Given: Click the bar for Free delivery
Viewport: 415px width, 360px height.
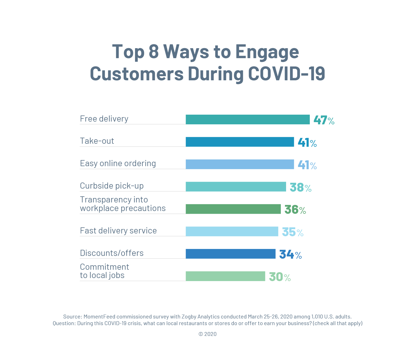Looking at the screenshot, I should click(x=248, y=119).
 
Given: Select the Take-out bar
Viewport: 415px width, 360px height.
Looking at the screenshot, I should click(x=240, y=142).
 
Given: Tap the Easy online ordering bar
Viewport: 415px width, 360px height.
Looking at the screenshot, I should click(x=240, y=164).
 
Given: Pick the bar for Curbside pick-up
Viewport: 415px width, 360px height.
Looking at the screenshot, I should click(x=236, y=187).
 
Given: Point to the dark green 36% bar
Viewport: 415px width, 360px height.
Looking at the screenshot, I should click(x=233, y=209).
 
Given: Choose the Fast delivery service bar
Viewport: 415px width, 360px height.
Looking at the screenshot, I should click(x=232, y=232).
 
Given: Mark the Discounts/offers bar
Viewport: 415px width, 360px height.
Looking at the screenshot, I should click(x=230, y=254).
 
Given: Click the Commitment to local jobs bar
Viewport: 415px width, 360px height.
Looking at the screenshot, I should click(x=225, y=276).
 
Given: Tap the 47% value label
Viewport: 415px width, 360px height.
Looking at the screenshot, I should click(x=324, y=120).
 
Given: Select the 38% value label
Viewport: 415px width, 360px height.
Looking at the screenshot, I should click(x=300, y=187).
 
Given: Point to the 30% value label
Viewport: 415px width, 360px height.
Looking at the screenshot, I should click(x=280, y=277).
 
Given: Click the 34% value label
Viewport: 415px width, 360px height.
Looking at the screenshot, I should click(x=290, y=254).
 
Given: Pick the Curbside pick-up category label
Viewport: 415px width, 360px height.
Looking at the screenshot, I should click(x=112, y=186).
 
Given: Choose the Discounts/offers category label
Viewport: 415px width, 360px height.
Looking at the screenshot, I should click(x=112, y=253).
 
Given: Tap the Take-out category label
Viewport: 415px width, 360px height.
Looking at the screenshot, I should click(x=97, y=141).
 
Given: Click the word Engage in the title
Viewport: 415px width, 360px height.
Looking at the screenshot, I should click(x=267, y=52).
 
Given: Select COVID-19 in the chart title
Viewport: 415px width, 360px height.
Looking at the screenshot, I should click(x=286, y=74).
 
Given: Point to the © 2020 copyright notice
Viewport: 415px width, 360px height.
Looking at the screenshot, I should click(x=207, y=334).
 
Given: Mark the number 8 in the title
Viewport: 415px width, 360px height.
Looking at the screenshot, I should click(x=154, y=52).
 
